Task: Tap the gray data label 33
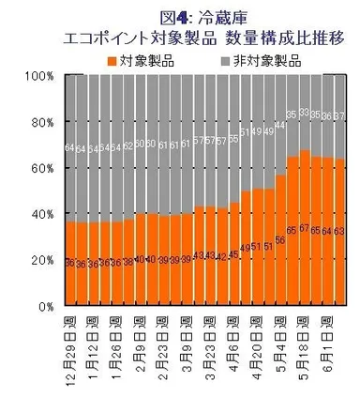(303, 112)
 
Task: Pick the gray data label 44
(279, 125)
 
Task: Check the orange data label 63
(337, 228)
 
